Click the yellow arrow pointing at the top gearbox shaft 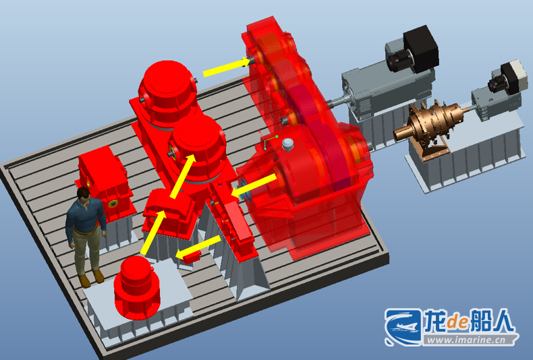(227, 67)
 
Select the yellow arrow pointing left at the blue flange (253, 186)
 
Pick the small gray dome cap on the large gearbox (287, 144)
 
